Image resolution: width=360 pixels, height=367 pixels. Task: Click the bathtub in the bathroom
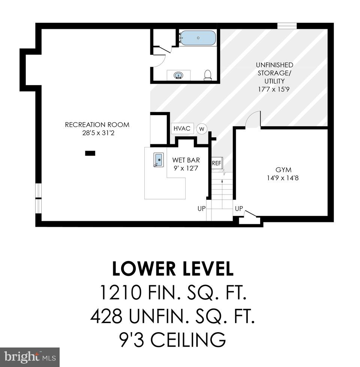click(198, 38)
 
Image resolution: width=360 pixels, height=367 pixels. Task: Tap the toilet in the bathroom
click(208, 75)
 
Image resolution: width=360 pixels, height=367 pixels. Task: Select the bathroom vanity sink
click(179, 75)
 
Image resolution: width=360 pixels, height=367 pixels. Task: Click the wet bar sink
click(159, 160)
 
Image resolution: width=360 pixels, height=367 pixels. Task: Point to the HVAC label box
click(182, 129)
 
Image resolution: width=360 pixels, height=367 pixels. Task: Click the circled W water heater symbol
click(202, 129)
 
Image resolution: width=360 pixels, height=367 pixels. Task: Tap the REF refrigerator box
click(216, 163)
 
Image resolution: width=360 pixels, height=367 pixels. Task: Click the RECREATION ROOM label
click(97, 125)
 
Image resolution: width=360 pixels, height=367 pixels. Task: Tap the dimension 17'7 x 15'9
click(275, 89)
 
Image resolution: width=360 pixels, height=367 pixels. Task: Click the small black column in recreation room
click(90, 153)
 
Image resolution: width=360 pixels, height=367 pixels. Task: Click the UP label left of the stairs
click(202, 208)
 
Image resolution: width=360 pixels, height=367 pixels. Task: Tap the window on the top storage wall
click(287, 25)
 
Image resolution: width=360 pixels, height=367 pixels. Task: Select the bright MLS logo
click(30, 357)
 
